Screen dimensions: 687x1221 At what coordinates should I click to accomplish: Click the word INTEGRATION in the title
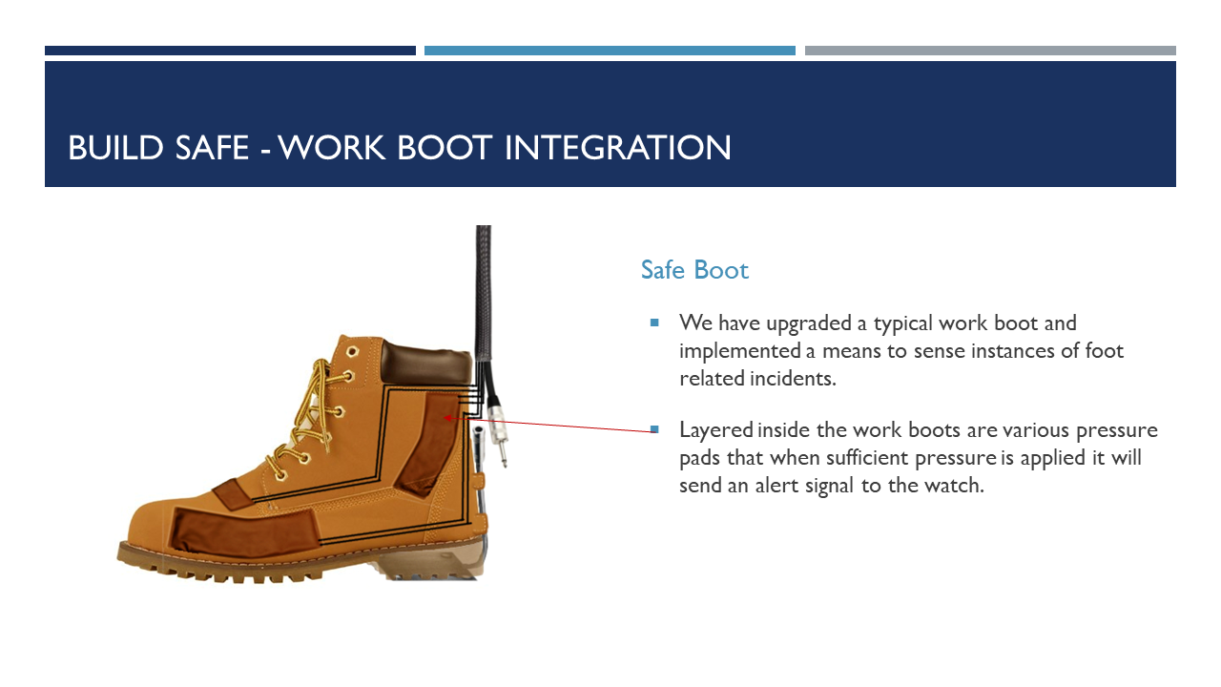pyautogui.click(x=617, y=148)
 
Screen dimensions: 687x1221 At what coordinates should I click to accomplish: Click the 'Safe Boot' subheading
pyautogui.click(x=694, y=270)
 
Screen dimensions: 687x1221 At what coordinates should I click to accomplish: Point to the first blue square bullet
pyautogui.click(x=654, y=323)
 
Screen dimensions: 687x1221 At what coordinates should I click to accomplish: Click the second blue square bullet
pyautogui.click(x=654, y=429)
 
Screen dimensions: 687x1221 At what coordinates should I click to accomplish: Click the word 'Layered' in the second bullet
pyautogui.click(x=715, y=429)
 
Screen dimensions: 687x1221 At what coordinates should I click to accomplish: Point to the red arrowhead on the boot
pyautogui.click(x=447, y=417)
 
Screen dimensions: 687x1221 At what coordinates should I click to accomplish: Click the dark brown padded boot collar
pyautogui.click(x=425, y=360)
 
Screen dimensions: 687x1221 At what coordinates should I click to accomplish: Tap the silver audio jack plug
pyautogui.click(x=499, y=435)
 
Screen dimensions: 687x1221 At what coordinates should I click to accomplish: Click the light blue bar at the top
pyautogui.click(x=610, y=51)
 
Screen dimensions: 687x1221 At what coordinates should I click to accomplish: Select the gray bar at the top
pyautogui.click(x=990, y=51)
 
